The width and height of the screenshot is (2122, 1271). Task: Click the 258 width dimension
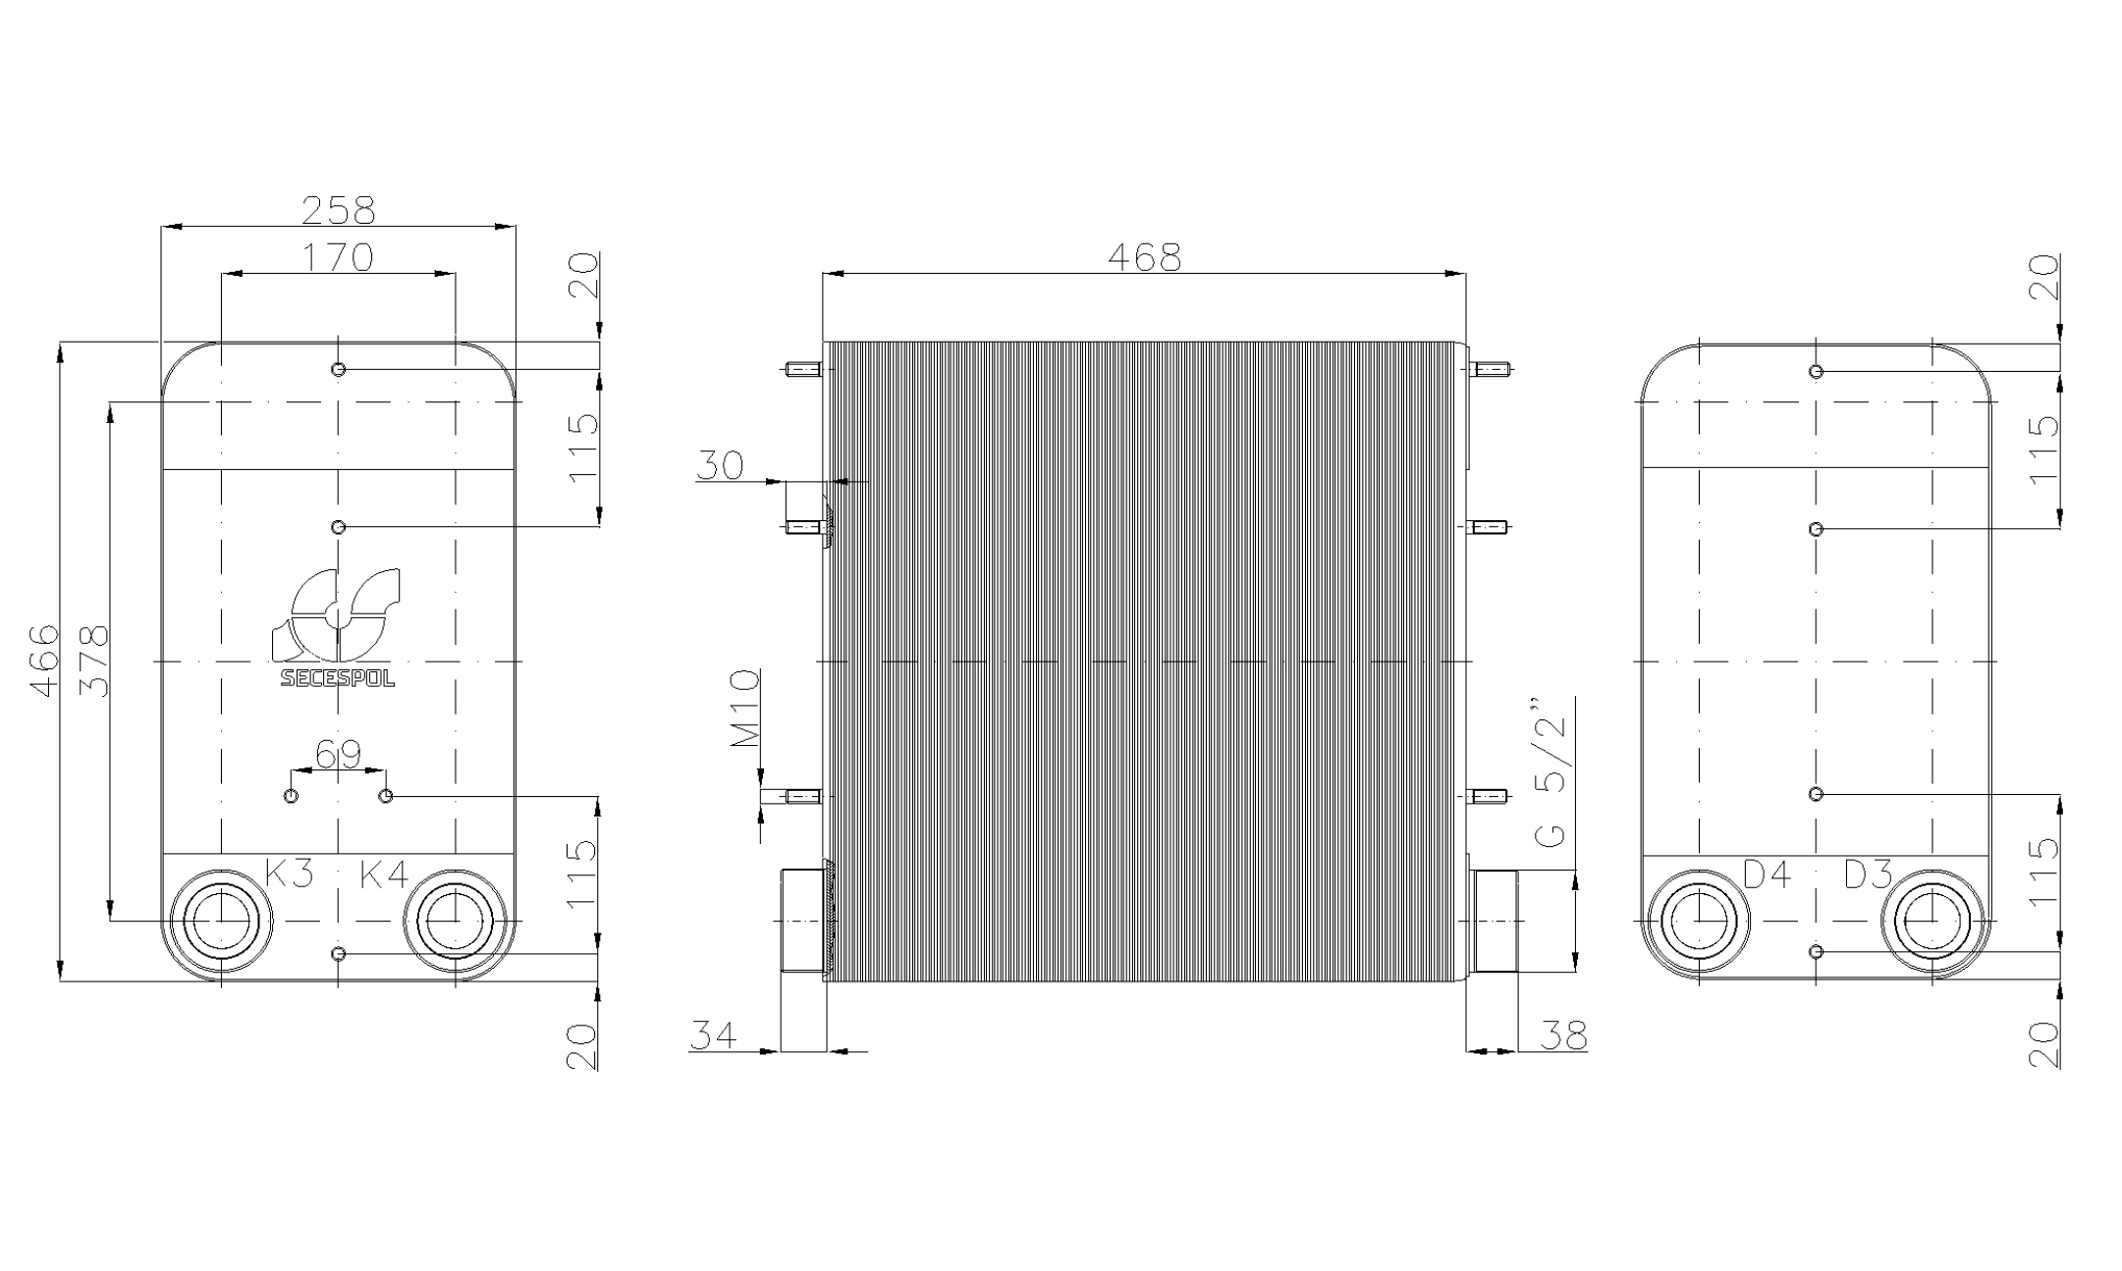[338, 209]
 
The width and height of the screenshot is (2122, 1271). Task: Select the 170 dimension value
[338, 257]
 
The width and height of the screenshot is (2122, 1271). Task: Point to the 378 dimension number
[92, 661]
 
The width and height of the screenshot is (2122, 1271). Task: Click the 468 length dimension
[1144, 257]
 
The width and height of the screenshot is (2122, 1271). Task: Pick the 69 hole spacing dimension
[338, 754]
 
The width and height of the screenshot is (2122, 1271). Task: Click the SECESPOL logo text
[338, 678]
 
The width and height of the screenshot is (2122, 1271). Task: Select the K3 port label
[290, 873]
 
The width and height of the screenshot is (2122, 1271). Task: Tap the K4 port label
[384, 873]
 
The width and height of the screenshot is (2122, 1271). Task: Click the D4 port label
[1768, 874]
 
